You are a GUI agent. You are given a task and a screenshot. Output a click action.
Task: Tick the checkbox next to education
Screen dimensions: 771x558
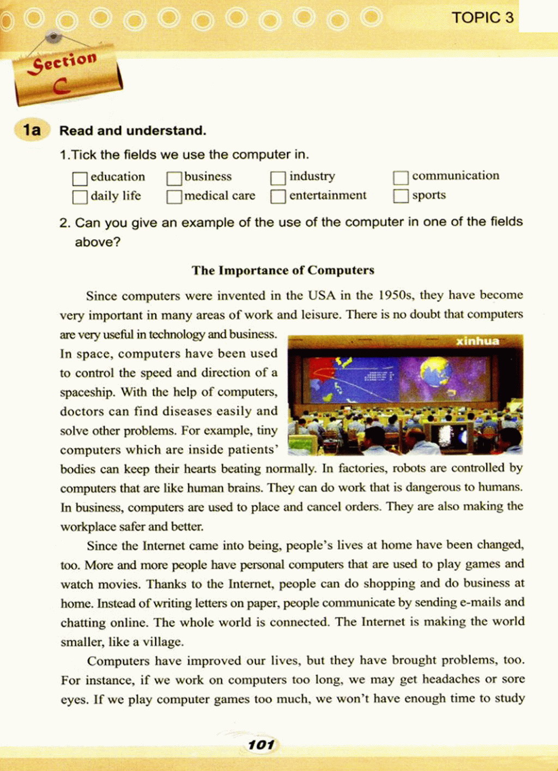(80, 178)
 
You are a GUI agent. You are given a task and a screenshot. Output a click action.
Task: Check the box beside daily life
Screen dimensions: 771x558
(80, 197)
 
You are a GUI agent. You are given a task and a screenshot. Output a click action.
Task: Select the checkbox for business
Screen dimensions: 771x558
(174, 178)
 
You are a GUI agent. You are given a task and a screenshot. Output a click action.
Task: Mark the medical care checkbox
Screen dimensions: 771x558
(174, 197)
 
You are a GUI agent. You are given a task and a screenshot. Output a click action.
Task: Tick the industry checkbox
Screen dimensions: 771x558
(278, 178)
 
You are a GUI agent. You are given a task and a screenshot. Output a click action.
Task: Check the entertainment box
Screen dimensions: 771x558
(278, 196)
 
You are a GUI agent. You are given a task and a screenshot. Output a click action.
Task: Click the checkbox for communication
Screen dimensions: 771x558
(401, 177)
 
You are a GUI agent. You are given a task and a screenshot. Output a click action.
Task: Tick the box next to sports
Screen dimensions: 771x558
(401, 196)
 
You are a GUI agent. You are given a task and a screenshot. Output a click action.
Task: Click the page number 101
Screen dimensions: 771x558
(261, 744)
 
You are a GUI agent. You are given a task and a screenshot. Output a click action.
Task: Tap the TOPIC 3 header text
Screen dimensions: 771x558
(482, 18)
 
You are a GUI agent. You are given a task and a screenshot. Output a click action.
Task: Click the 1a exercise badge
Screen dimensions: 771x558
(32, 130)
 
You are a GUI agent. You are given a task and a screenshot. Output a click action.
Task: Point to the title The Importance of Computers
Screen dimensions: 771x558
(283, 270)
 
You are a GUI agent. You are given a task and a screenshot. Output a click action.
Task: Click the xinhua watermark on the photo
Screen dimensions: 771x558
(477, 341)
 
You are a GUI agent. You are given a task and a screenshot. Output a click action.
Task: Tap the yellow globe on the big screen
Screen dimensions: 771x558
(435, 372)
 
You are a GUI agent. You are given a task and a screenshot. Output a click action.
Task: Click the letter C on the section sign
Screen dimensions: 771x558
(61, 86)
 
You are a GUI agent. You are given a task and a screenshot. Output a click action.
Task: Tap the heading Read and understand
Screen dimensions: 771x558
(132, 131)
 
